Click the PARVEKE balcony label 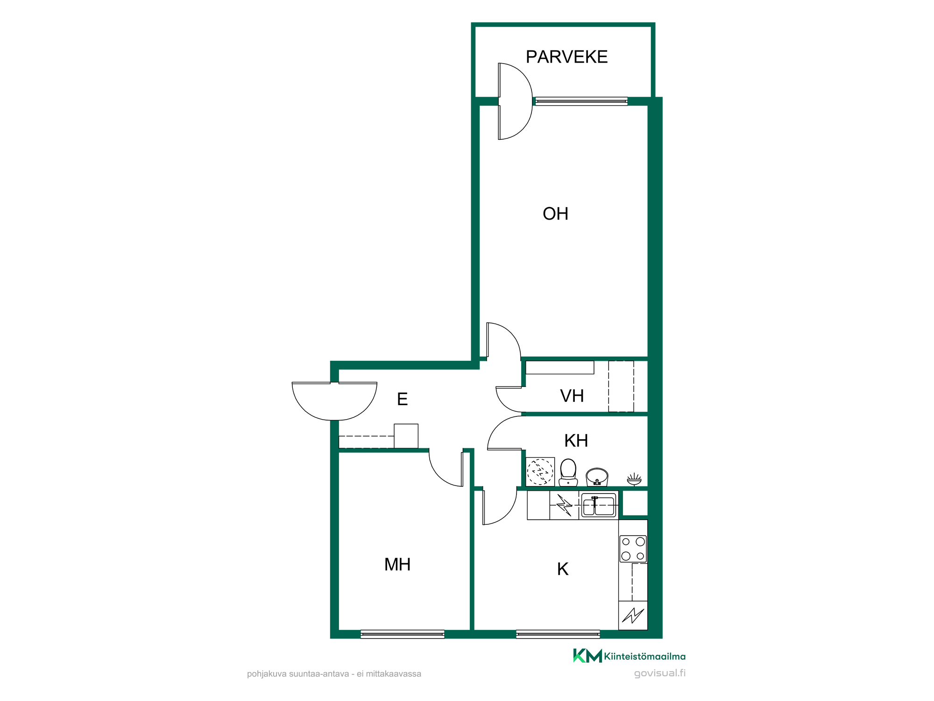pos(566,57)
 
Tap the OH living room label pos(555,214)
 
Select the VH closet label pos(572,396)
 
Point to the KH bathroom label pos(576,441)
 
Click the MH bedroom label pos(397,565)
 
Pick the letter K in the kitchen pos(563,569)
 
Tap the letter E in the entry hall pos(402,399)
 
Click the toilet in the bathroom pos(568,472)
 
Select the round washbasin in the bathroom pos(597,477)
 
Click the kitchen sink pos(599,506)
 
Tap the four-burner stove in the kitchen pos(633,549)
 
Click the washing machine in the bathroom pos(540,472)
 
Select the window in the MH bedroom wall pos(403,634)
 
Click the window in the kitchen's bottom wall pos(558,634)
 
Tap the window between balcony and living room pos(581,101)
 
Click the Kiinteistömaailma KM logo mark pos(587,656)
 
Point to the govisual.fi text pos(660,673)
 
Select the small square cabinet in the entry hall pos(406,436)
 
